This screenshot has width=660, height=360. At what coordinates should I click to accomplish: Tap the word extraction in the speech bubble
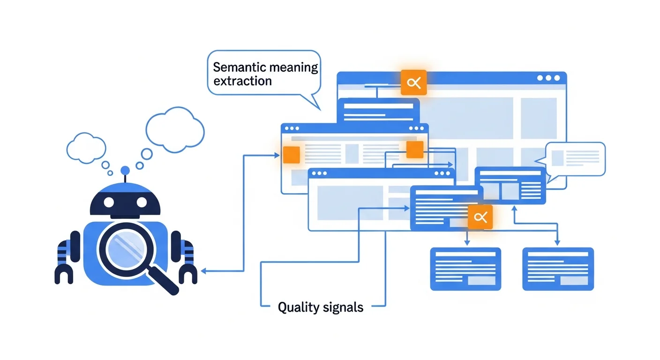[x=242, y=81]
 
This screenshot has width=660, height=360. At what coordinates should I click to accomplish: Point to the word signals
[x=343, y=307]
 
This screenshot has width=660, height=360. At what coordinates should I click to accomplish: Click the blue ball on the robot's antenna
[x=125, y=171]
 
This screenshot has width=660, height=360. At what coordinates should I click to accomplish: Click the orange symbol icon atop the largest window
[x=413, y=83]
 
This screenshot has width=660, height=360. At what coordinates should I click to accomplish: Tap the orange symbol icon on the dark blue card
[x=480, y=217]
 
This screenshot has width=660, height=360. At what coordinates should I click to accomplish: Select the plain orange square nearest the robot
[x=291, y=155]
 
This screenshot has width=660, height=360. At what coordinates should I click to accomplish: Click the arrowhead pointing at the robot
[x=203, y=271]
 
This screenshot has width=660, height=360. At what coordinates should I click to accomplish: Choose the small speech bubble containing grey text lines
[x=576, y=158]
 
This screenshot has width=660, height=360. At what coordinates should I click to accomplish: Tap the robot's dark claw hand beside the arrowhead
[x=188, y=272]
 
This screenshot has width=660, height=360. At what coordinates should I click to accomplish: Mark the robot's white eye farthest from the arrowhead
[x=109, y=202]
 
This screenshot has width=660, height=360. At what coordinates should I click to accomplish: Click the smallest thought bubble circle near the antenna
[x=110, y=173]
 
